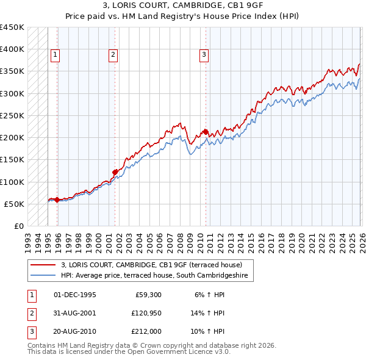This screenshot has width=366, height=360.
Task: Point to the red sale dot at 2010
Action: click(x=206, y=132)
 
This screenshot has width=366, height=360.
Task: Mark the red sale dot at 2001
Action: click(x=115, y=172)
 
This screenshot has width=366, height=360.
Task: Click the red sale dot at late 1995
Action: click(x=57, y=200)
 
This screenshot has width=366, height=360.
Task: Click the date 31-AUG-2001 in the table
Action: click(x=75, y=313)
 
